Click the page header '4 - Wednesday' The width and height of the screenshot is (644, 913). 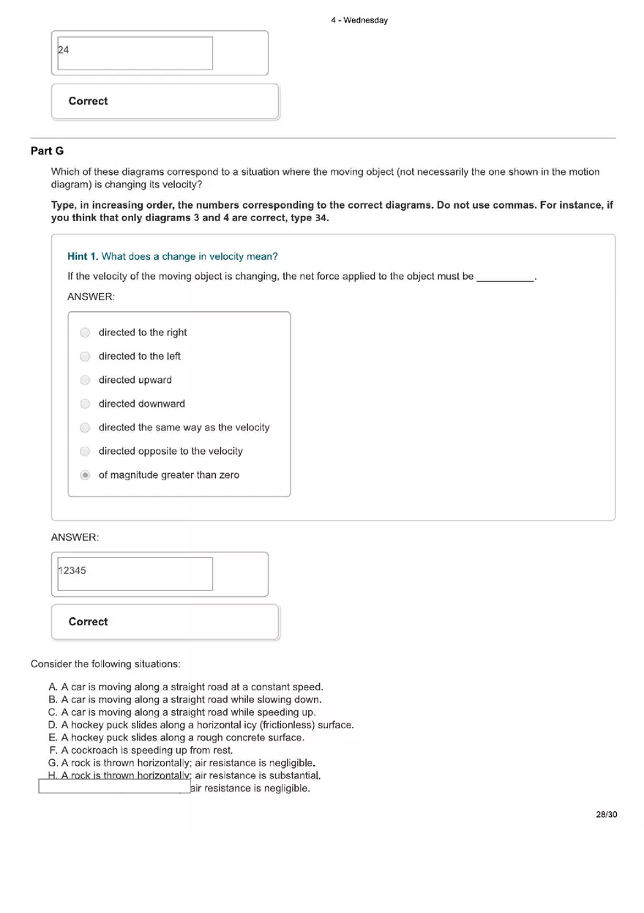(x=359, y=21)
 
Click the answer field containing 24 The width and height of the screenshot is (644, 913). (x=135, y=53)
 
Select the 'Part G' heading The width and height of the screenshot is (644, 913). (x=47, y=151)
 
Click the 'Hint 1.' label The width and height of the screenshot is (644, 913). (x=83, y=256)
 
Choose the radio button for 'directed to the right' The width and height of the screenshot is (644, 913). (x=85, y=332)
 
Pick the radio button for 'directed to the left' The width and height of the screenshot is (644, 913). (x=85, y=357)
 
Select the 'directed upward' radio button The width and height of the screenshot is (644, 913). (x=85, y=380)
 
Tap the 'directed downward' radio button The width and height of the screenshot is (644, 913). (x=85, y=403)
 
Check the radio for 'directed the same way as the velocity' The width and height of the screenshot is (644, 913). (x=85, y=428)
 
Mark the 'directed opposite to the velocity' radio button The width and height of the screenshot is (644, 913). (x=85, y=451)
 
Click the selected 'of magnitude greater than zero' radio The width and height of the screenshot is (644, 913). (x=85, y=475)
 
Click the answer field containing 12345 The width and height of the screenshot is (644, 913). (x=135, y=574)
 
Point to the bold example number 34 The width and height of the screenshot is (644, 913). (x=321, y=218)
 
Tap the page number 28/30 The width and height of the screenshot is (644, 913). (x=607, y=815)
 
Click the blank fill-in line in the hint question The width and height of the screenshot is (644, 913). (x=505, y=277)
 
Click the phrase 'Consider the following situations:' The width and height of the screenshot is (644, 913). (x=105, y=664)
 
